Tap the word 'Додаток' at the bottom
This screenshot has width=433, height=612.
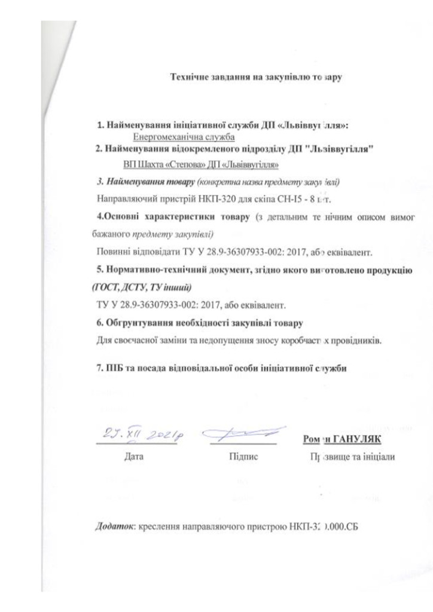tap(115, 528)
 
